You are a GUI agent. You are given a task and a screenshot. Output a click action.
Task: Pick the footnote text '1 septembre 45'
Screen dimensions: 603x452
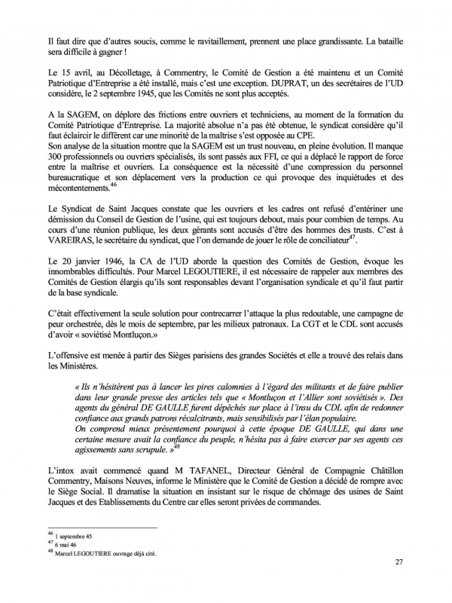(x=76, y=534)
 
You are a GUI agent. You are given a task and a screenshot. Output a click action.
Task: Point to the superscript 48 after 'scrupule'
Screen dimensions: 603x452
(x=177, y=446)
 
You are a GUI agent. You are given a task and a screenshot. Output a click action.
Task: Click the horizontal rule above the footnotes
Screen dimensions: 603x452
(x=102, y=528)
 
